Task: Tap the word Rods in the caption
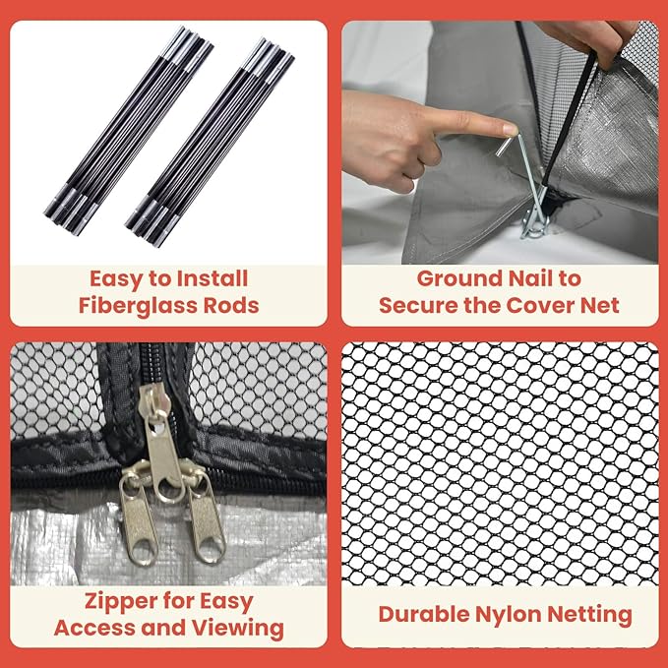click(x=231, y=305)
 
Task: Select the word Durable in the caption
click(x=423, y=614)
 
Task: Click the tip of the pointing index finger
click(x=514, y=129)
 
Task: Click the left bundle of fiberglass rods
click(x=129, y=131)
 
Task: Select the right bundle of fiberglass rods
click(x=210, y=142)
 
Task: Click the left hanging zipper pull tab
click(x=137, y=521)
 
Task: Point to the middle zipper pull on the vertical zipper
click(x=162, y=443)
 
